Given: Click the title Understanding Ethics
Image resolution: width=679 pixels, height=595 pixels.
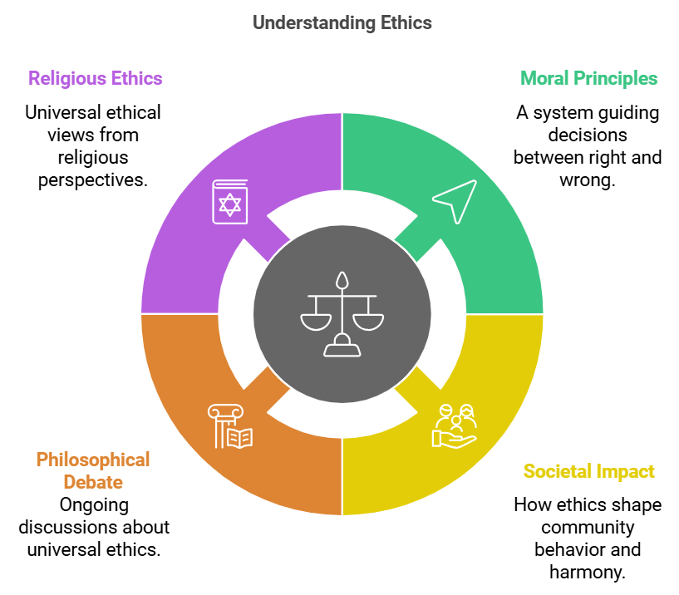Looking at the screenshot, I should click(x=342, y=22).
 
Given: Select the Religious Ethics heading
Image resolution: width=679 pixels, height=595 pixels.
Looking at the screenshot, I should click(x=95, y=79).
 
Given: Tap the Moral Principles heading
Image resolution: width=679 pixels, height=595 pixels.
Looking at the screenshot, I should click(x=588, y=79).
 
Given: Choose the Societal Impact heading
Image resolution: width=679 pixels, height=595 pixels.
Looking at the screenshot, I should click(x=588, y=472).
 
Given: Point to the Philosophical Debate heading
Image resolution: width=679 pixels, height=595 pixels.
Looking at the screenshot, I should click(x=93, y=470).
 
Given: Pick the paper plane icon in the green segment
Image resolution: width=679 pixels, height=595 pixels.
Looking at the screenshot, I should click(x=455, y=201).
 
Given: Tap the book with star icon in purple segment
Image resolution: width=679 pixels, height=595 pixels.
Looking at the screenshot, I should click(x=229, y=200).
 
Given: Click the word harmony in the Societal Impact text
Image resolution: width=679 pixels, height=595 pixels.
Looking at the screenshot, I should click(x=588, y=572).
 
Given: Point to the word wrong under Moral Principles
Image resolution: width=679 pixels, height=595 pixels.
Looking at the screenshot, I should click(x=588, y=179).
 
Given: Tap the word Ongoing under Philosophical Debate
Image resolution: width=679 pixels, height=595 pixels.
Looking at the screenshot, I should click(x=93, y=504).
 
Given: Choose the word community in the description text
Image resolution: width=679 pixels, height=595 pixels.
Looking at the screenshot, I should click(x=588, y=527).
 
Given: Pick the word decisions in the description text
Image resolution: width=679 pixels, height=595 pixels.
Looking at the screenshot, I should click(x=588, y=135).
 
